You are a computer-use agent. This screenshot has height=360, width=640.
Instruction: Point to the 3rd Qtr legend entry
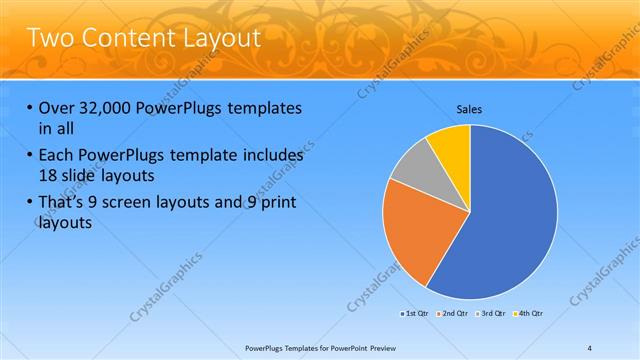[492, 314]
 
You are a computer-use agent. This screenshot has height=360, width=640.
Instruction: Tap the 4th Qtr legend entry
[529, 314]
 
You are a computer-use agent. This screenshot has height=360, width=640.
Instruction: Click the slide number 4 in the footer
[590, 347]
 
